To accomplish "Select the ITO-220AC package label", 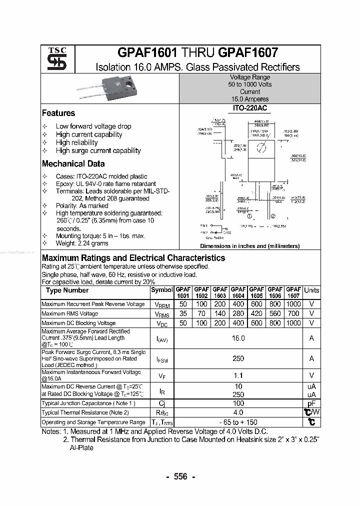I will tap(249, 108).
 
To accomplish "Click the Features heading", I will tap(58, 113).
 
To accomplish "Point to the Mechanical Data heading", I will tap(73, 164).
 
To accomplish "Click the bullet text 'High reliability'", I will tap(76, 142).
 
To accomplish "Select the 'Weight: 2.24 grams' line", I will tap(81, 243).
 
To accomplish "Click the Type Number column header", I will tap(67, 290).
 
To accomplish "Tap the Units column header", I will tap(311, 290).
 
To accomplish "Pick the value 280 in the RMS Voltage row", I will tap(238, 313).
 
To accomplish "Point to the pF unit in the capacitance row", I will tap(311, 403).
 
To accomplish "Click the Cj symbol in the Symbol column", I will tap(161, 403).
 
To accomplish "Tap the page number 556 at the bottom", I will tap(180, 476).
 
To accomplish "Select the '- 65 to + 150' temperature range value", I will tap(238, 422).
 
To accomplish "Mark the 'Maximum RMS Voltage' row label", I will tap(69, 313).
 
